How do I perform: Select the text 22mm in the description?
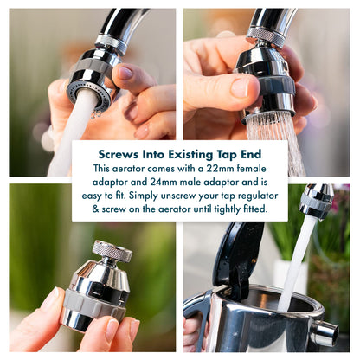[216, 168]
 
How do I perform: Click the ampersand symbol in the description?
[97, 209]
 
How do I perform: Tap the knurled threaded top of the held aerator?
[112, 252]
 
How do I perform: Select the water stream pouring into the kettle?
[297, 264]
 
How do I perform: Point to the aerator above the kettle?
[316, 202]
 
